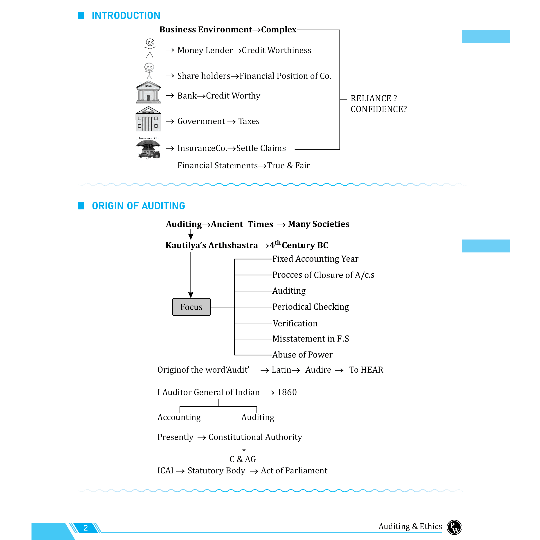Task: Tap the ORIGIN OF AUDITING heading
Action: pyautogui.click(x=138, y=206)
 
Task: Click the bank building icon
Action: pyautogui.click(x=148, y=92)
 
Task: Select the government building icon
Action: pyautogui.click(x=148, y=119)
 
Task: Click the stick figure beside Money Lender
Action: pyautogui.click(x=150, y=48)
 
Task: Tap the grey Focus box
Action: pyautogui.click(x=191, y=307)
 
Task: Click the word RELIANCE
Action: pyautogui.click(x=371, y=98)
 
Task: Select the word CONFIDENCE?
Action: pyautogui.click(x=379, y=109)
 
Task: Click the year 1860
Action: pyautogui.click(x=287, y=392)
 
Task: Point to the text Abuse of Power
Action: pyautogui.click(x=302, y=355)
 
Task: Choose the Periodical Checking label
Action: pyautogui.click(x=310, y=307)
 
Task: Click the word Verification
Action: pyautogui.click(x=295, y=323)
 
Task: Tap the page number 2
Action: pyautogui.click(x=85, y=528)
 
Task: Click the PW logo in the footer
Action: pyautogui.click(x=454, y=527)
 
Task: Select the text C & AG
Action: pyautogui.click(x=243, y=459)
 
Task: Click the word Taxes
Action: pyautogui.click(x=249, y=121)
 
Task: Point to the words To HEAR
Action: pyautogui.click(x=366, y=370)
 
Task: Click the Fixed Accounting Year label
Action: pyautogui.click(x=315, y=259)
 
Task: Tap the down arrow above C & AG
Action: pyautogui.click(x=244, y=447)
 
